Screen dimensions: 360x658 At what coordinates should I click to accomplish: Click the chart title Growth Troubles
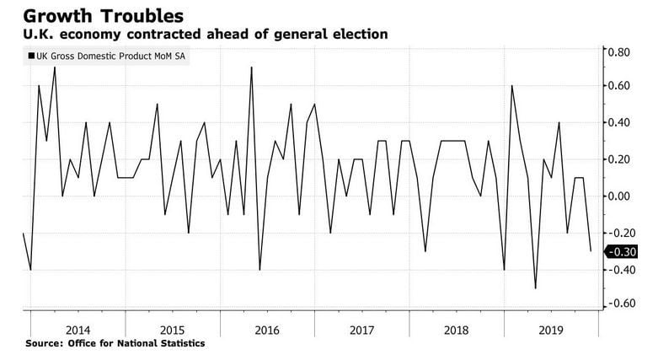point(95,14)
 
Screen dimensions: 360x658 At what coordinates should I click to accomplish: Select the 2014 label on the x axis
point(78,330)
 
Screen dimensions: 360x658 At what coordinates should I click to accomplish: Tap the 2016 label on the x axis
point(266,330)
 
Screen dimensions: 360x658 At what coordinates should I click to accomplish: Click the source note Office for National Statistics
point(115,344)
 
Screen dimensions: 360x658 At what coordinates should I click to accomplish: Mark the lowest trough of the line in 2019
point(535,288)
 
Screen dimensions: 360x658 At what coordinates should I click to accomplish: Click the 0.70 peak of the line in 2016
point(251,67)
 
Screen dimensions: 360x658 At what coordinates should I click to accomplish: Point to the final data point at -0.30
point(591,250)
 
